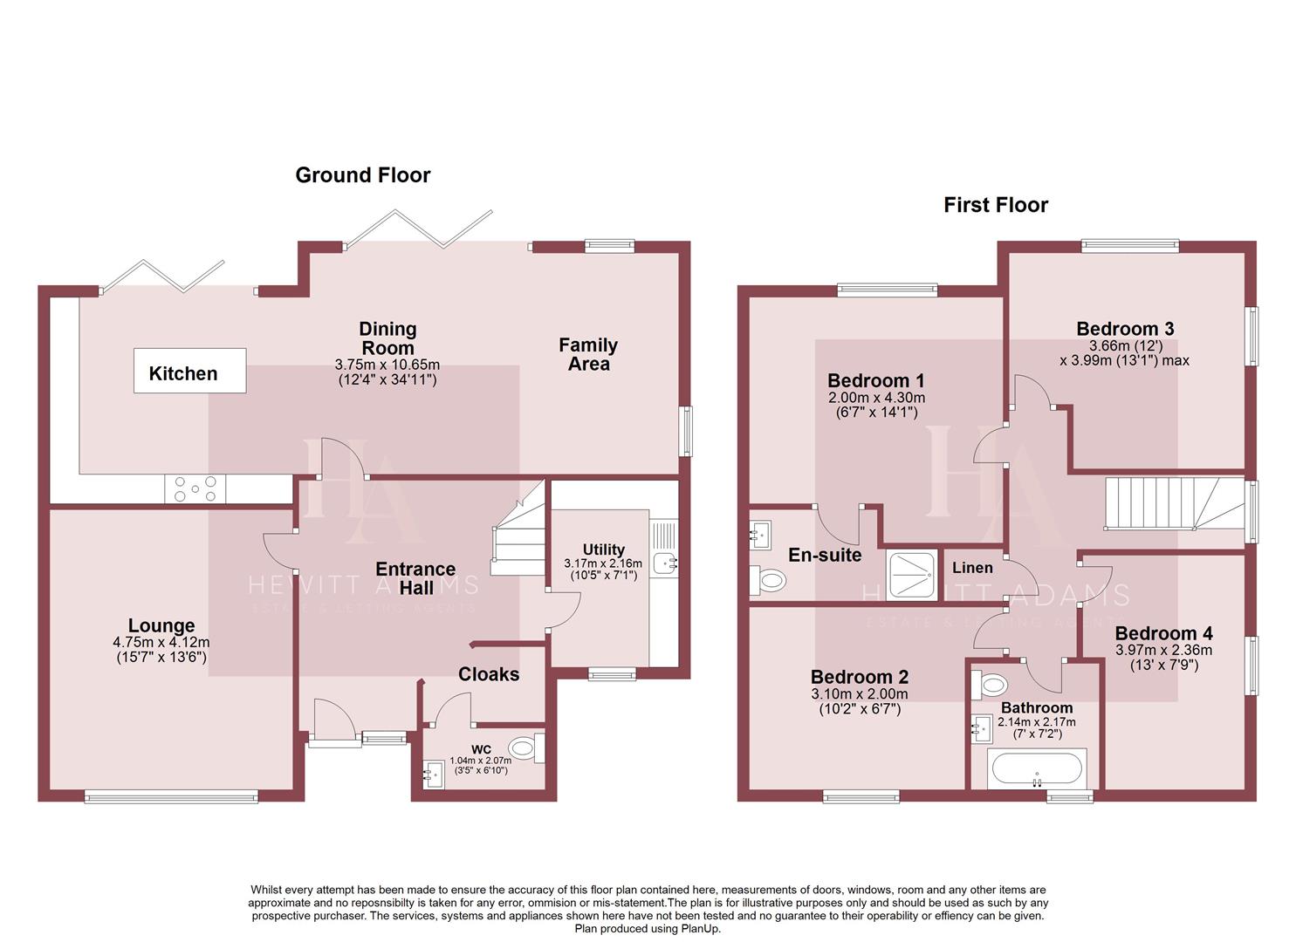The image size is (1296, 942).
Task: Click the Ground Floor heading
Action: click(x=362, y=175)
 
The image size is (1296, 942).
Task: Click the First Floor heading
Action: click(x=995, y=205)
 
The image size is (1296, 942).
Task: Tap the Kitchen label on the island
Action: click(x=183, y=373)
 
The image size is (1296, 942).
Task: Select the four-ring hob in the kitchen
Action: click(x=195, y=489)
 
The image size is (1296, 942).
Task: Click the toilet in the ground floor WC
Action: click(x=524, y=747)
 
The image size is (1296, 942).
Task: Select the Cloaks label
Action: click(x=489, y=674)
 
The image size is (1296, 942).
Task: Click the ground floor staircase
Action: click(x=518, y=534)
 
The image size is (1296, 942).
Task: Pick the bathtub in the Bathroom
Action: click(x=1036, y=769)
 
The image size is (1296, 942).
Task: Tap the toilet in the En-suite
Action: click(x=770, y=580)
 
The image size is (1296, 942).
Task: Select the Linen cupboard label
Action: click(x=972, y=568)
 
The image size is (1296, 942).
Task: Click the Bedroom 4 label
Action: click(x=1163, y=633)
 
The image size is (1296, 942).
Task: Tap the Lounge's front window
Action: click(x=171, y=795)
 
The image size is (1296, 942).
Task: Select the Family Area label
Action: click(x=588, y=354)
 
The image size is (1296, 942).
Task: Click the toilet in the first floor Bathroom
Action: click(x=991, y=684)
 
